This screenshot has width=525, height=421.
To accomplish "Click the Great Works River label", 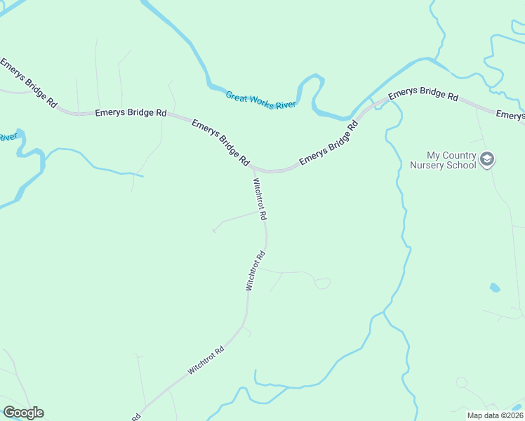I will tap(261, 100).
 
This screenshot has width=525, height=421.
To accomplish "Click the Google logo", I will tap(23, 413).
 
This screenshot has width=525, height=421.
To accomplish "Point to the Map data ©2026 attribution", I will tap(495, 415).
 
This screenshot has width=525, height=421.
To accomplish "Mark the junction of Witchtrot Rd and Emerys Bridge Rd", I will tap(253, 168).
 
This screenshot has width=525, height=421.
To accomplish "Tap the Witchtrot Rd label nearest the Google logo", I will tap(205, 359).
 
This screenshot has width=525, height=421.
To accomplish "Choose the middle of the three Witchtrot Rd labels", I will tap(255, 271).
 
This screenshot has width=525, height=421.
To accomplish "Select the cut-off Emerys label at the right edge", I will tap(510, 115).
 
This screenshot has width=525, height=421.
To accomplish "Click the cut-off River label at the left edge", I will tap(7, 137).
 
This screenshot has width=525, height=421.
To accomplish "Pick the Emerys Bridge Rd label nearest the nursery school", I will tap(423, 95).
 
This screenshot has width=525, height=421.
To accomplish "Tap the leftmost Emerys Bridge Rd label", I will tap(28, 82).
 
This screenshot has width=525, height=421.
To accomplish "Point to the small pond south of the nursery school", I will tap(495, 288).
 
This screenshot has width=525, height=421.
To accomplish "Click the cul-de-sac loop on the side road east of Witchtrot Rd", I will tap(322, 283).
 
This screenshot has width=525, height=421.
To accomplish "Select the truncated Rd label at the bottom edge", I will tap(135, 417).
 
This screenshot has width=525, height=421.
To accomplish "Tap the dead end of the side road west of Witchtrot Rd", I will tap(213, 230).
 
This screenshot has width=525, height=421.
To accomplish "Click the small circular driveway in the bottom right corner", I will tap(461, 383).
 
